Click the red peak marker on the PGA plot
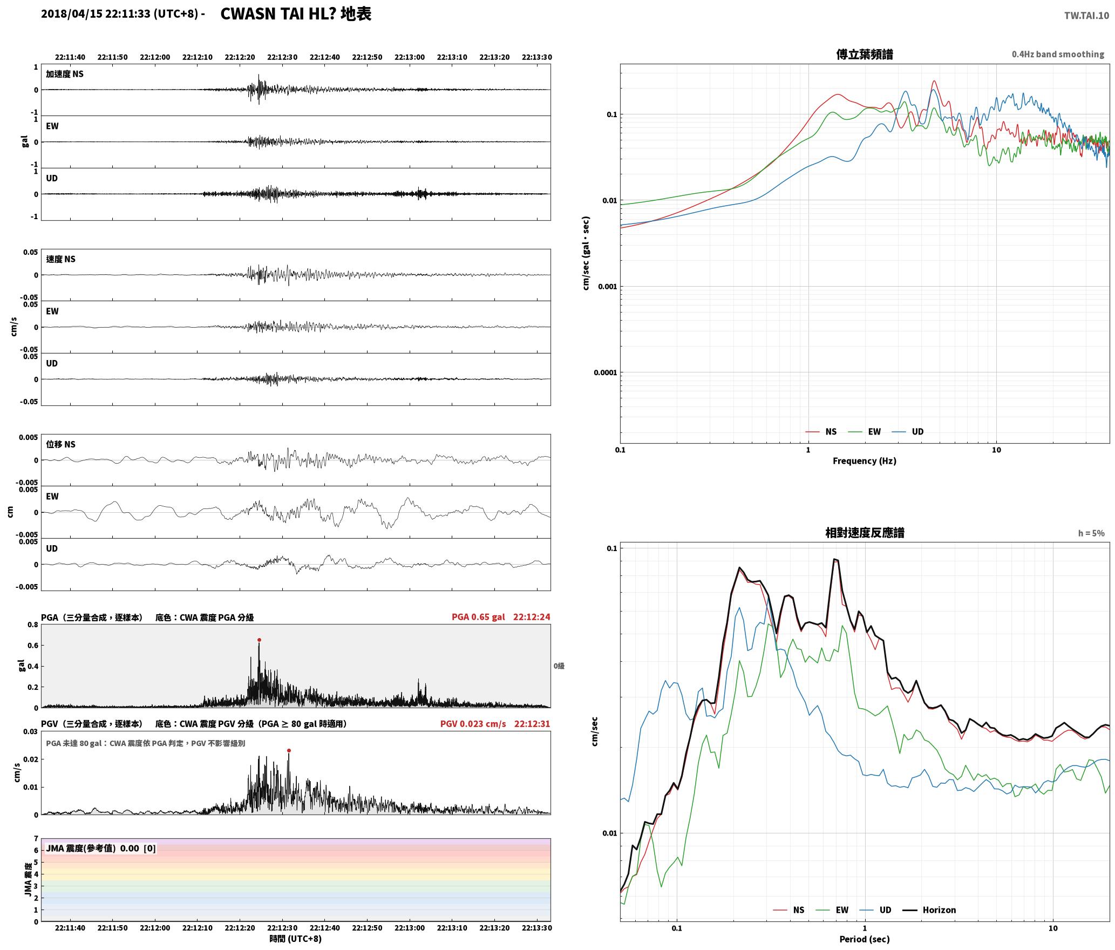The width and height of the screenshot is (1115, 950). [x=259, y=640]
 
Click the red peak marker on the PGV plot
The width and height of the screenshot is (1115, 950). [x=289, y=750]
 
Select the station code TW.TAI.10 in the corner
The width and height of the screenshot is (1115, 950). [x=1086, y=16]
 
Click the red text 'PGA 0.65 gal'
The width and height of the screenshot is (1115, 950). [x=478, y=616]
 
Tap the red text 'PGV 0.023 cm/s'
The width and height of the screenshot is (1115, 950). [x=473, y=723]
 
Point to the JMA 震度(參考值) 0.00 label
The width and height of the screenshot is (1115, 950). [x=92, y=848]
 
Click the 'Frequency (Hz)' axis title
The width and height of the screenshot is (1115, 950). [x=864, y=460]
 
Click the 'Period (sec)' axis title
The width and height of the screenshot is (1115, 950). [x=864, y=939]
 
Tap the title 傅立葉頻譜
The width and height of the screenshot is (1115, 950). [x=864, y=54]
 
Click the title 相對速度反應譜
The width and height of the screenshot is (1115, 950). [x=865, y=532]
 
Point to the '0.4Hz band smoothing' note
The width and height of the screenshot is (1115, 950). [x=1058, y=54]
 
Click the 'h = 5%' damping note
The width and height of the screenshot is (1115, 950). [x=1091, y=533]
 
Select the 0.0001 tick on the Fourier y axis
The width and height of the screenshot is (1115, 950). [x=605, y=372]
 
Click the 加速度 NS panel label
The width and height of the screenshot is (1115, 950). [x=65, y=74]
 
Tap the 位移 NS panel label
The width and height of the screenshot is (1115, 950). [x=60, y=444]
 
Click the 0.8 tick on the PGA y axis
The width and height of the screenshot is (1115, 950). [x=33, y=625]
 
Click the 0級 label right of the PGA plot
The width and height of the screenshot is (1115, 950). [x=559, y=666]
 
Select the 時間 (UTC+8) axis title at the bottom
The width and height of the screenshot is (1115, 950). [x=296, y=939]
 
